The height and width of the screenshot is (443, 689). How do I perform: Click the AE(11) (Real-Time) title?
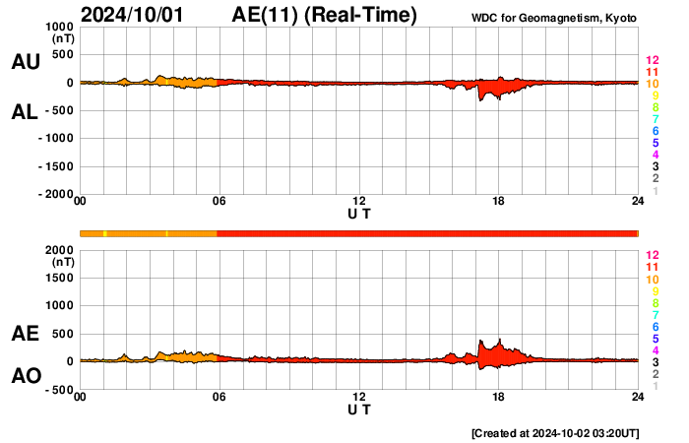pos(325,15)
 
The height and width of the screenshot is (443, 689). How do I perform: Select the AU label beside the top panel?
pos(26,62)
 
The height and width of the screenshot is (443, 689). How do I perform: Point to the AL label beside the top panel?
pos(26,112)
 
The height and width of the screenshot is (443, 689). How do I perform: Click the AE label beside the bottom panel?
pos(26,334)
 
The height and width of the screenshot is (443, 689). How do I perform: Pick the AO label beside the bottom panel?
pos(26,376)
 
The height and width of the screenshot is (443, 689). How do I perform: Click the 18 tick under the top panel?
pos(498,202)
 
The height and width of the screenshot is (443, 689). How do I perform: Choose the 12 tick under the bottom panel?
pos(359,397)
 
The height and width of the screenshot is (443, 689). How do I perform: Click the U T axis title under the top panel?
pos(359,214)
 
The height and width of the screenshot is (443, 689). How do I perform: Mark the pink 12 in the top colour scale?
pos(652,60)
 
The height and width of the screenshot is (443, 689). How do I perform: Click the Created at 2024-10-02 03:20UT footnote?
pos(556,432)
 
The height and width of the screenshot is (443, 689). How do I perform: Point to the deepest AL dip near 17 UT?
pos(480,99)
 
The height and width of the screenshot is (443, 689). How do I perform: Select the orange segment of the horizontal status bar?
pos(148,232)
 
